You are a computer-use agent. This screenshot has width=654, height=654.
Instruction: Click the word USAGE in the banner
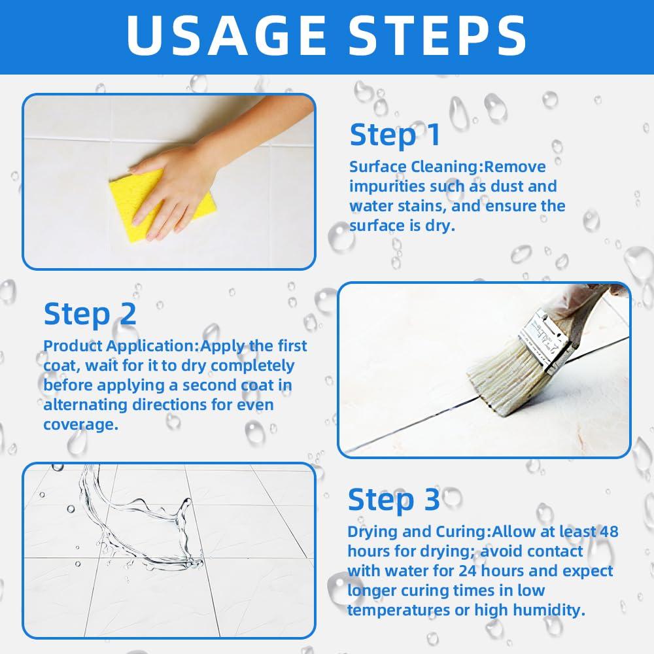(226, 35)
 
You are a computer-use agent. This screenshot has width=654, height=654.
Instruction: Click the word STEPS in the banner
(437, 35)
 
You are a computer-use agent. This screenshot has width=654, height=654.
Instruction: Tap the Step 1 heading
(395, 135)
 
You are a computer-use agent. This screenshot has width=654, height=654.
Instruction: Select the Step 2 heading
(90, 315)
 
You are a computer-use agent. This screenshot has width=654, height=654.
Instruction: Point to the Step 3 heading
(394, 500)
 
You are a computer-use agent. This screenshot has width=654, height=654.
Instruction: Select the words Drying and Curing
(417, 532)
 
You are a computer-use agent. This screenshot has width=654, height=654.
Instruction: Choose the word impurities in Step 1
(386, 187)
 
